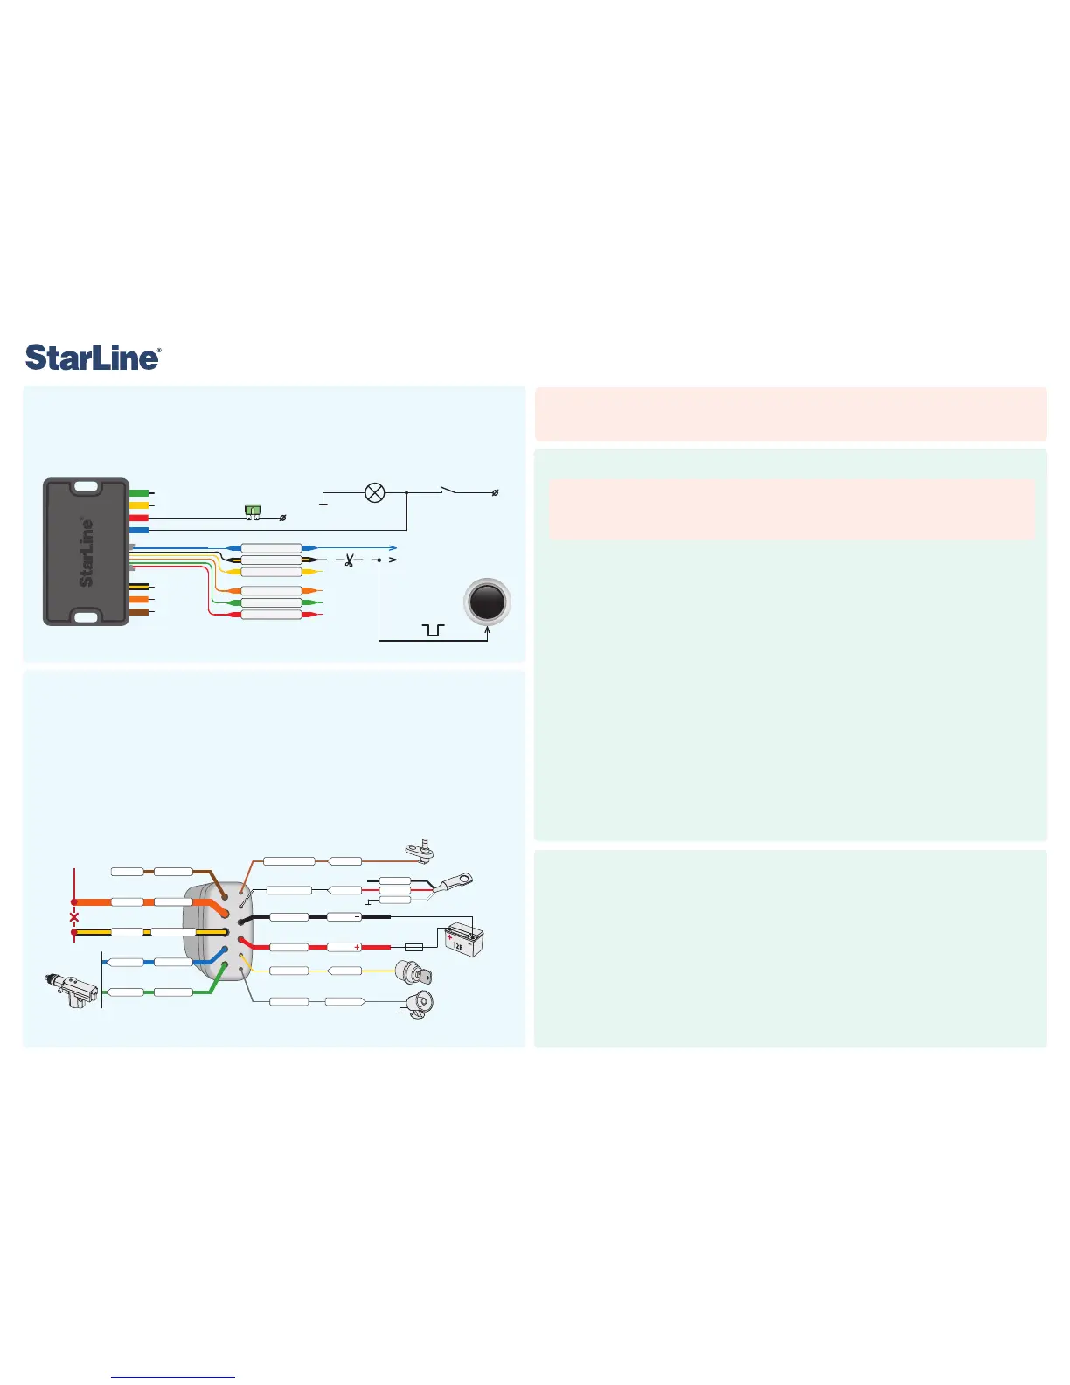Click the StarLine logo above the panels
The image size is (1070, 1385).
[x=93, y=358]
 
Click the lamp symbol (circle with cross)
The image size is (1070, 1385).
[x=374, y=493]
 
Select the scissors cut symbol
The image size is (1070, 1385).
[x=349, y=560]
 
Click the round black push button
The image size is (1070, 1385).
[x=487, y=602]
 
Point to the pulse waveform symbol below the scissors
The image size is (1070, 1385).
[x=433, y=630]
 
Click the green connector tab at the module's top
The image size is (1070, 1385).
[x=138, y=493]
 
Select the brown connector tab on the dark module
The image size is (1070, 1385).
[x=138, y=612]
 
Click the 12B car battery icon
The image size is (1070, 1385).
[x=464, y=942]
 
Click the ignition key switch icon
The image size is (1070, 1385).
[x=413, y=973]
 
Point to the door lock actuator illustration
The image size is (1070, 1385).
[x=73, y=990]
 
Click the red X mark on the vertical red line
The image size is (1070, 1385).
[x=74, y=917]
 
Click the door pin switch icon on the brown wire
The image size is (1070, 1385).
[x=419, y=849]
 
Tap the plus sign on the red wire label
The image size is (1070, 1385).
[x=358, y=947]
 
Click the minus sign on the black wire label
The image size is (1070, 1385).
[x=358, y=916]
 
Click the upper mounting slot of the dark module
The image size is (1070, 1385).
[x=86, y=487]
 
